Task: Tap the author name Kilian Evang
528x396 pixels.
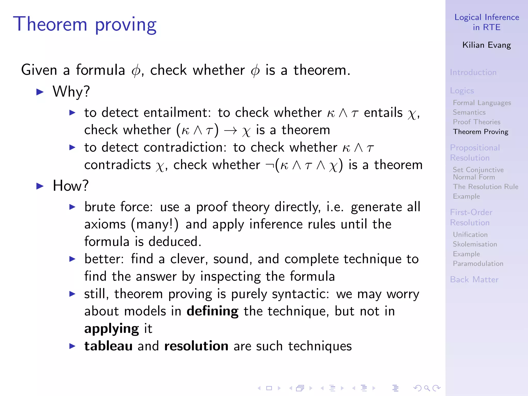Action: [x=486, y=45]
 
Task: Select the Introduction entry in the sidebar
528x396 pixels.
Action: [x=473, y=72]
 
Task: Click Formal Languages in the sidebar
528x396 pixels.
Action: [x=482, y=103]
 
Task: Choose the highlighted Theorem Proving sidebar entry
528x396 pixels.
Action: [x=481, y=132]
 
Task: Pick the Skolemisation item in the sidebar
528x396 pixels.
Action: [x=475, y=244]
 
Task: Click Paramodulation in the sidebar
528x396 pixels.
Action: [x=478, y=263]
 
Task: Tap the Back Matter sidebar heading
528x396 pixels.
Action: [x=474, y=279]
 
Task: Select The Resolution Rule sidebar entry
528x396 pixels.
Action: [x=485, y=187]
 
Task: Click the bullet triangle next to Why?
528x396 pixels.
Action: [x=40, y=92]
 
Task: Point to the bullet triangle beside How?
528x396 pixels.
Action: [x=40, y=186]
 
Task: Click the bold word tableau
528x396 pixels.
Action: [x=108, y=346]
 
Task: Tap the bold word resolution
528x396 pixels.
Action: [x=196, y=346]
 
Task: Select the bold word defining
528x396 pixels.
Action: [x=212, y=311]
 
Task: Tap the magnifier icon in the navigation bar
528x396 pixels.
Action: [x=427, y=388]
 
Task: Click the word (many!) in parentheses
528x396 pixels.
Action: [x=155, y=224]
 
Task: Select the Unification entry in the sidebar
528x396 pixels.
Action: [x=470, y=235]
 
